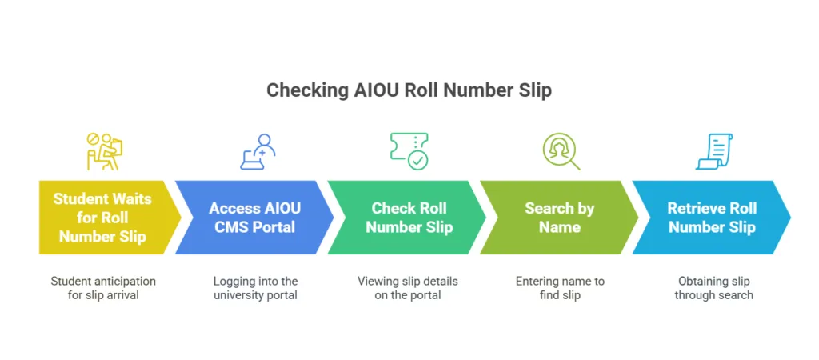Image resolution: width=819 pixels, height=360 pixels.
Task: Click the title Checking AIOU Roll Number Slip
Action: (409, 90)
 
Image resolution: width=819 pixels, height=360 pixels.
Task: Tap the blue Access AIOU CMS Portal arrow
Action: (254, 218)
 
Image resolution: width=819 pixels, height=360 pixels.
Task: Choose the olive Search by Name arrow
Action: (559, 218)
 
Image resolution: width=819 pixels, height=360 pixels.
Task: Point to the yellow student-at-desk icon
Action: (102, 151)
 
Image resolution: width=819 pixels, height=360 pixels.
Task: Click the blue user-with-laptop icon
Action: (258, 151)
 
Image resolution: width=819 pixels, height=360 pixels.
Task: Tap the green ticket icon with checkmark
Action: (409, 151)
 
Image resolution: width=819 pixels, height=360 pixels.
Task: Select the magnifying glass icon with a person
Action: (561, 151)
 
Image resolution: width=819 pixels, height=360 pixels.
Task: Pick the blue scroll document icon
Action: (714, 151)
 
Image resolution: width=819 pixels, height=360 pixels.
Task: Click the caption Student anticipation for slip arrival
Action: (103, 288)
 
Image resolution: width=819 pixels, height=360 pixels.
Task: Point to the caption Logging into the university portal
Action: (255, 288)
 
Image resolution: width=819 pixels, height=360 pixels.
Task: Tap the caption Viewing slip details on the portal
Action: (408, 288)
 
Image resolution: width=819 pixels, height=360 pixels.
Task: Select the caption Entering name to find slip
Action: (561, 288)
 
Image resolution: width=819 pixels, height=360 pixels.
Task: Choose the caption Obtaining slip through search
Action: (713, 288)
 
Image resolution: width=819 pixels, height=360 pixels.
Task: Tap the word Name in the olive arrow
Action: (559, 226)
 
